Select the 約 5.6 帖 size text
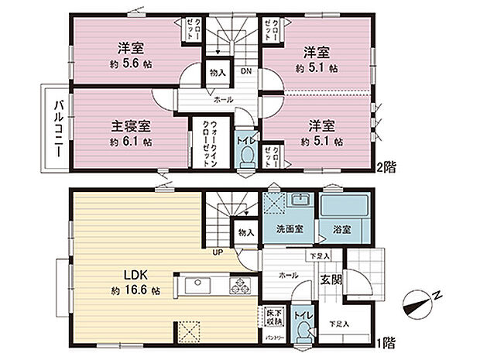pos(129,67)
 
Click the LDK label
pos(129,275)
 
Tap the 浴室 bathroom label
pos(344,230)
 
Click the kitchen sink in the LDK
pos(195,284)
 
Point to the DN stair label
pos(245,72)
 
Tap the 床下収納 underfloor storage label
pos(266,317)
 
